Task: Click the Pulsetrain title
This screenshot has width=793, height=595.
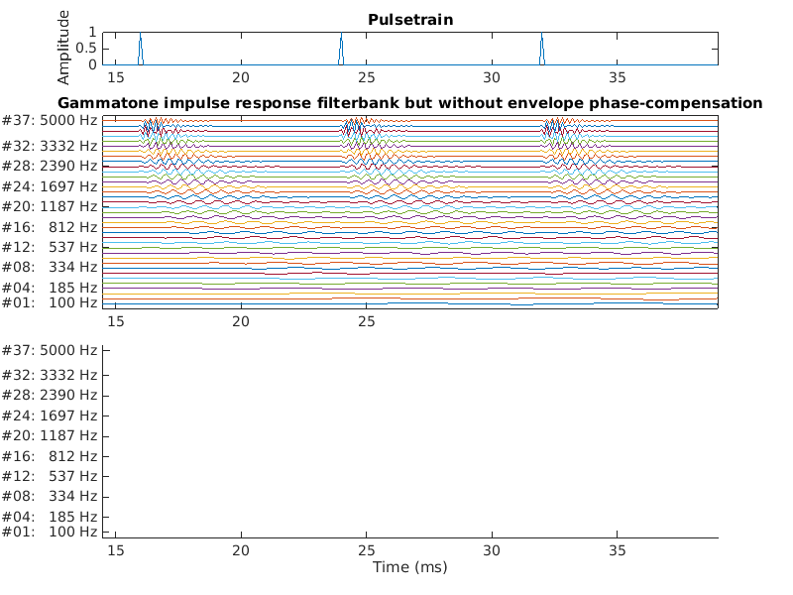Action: point(409,20)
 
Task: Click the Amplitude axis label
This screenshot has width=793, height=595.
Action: point(63,47)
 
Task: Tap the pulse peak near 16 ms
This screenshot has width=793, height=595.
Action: point(140,35)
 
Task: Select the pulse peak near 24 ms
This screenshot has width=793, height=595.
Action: point(341,34)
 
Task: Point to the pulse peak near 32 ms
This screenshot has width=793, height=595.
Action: point(542,35)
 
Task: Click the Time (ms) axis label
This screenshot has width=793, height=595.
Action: point(409,567)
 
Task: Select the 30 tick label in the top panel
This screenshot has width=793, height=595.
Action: point(492,77)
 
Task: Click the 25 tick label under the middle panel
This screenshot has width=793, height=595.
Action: point(367,321)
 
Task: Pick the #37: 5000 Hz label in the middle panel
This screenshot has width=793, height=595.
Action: point(50,120)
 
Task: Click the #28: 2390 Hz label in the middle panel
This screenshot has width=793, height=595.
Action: point(50,166)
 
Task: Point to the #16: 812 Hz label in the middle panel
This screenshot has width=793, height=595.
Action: point(50,226)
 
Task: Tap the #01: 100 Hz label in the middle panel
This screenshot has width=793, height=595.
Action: point(50,302)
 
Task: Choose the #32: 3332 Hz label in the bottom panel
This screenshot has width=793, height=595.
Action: point(50,375)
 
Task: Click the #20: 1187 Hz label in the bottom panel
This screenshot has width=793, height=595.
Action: point(50,435)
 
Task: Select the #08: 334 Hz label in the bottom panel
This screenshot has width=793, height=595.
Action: point(50,497)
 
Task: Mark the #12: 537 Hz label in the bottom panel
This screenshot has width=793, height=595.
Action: point(50,476)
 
